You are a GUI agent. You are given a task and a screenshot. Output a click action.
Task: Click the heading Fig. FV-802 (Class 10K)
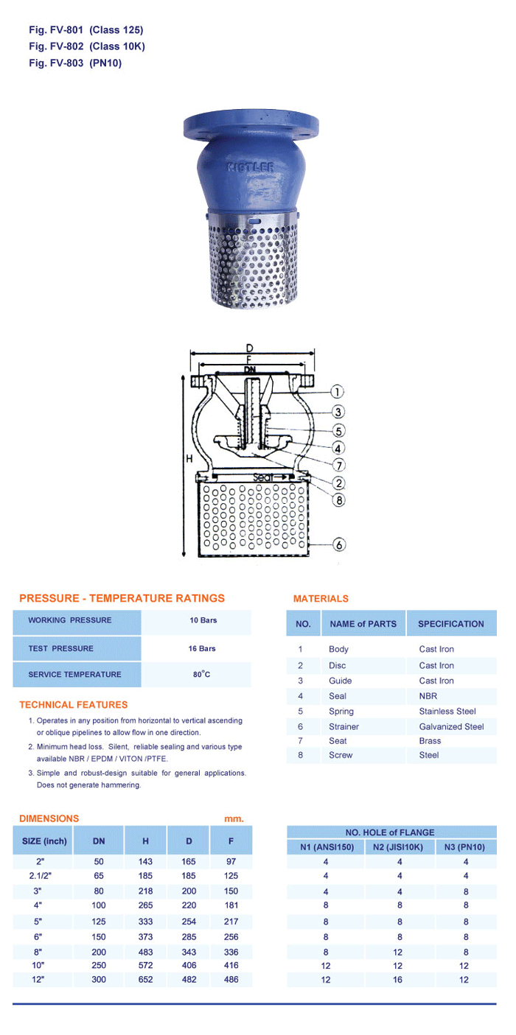coord(87,46)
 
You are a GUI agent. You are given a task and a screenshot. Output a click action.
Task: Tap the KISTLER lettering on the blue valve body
coord(250,167)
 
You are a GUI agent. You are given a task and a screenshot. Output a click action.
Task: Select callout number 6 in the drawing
coord(338,545)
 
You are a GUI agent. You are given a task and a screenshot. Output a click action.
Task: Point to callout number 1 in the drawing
coord(336,392)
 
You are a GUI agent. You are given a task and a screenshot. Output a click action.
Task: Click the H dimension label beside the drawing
coord(189,459)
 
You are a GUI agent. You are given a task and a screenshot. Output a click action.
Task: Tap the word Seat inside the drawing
coord(263,477)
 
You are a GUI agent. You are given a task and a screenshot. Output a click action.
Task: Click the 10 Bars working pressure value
coord(203,620)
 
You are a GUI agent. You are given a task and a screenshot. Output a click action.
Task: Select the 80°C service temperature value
coord(203,674)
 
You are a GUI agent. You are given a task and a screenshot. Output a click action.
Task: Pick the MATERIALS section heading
coord(321,599)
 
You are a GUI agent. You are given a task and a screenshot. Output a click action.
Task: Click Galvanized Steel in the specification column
coord(451,726)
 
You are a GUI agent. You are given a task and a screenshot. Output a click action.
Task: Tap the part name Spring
coord(341,712)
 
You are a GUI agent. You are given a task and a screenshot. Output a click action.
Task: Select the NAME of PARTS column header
coord(363,624)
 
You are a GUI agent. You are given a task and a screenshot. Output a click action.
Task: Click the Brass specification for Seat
coord(430,741)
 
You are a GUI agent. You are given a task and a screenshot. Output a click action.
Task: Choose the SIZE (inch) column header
coord(44,841)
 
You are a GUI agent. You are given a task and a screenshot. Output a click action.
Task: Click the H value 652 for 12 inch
coord(145,980)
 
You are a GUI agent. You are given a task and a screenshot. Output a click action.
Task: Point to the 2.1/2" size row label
coord(40,876)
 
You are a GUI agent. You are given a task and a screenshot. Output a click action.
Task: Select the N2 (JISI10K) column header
coord(398,847)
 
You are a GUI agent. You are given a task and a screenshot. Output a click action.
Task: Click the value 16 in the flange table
coord(398,980)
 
